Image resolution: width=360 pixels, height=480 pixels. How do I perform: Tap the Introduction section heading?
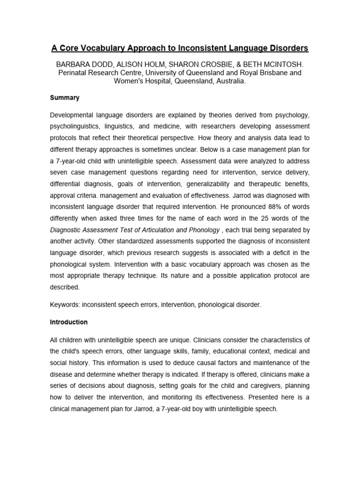pos(68,322)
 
